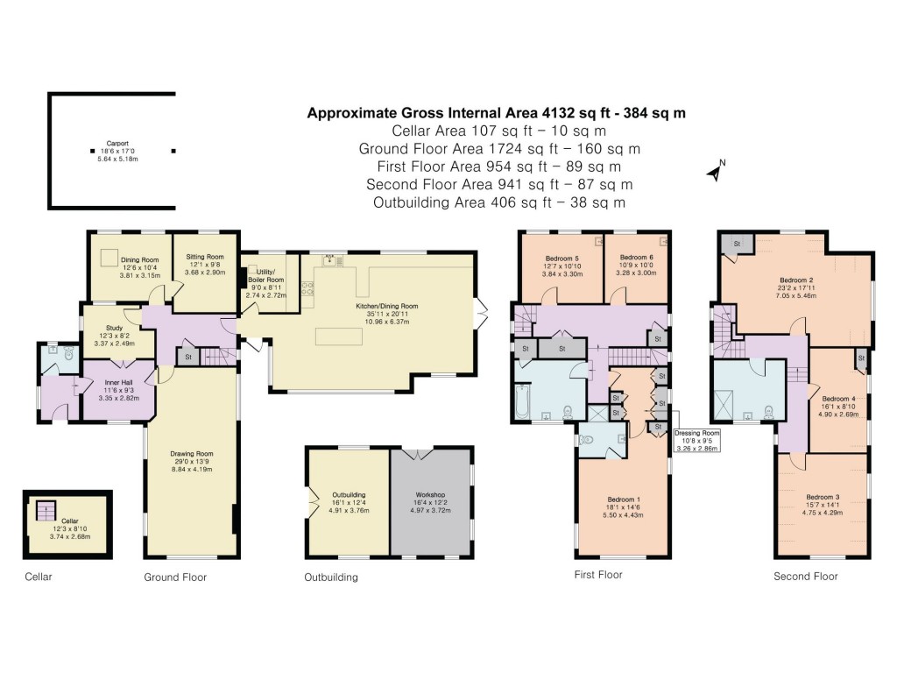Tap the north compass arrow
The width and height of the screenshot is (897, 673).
tap(716, 171)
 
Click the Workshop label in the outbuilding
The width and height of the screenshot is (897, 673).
tap(431, 495)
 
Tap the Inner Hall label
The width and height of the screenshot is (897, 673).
tap(118, 382)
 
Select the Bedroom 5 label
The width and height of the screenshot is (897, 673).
tap(562, 259)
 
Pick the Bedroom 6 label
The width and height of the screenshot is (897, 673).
tap(636, 258)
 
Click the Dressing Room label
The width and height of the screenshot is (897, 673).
tap(697, 433)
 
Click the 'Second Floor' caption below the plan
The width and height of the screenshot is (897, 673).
tap(805, 576)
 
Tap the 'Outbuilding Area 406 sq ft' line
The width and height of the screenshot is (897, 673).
tap(498, 202)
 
